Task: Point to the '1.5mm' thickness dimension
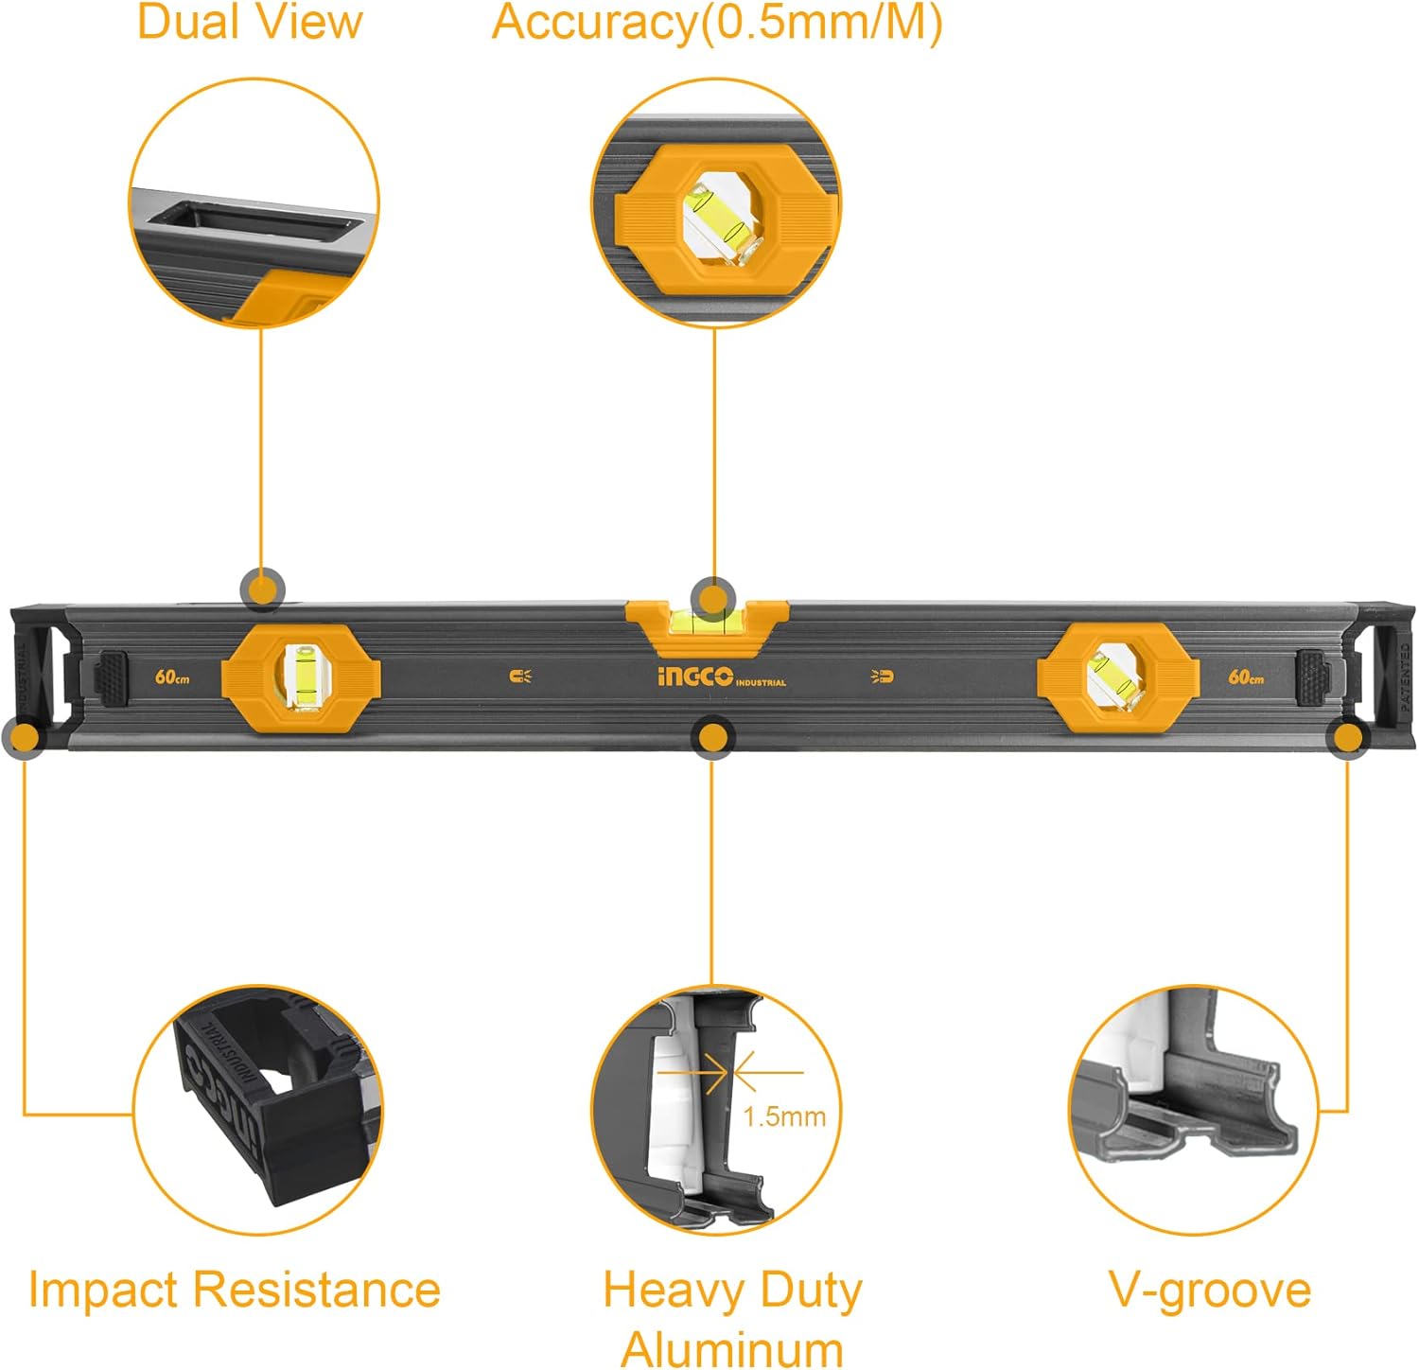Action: (x=784, y=1116)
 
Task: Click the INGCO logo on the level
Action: (x=695, y=676)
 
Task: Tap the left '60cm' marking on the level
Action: (x=172, y=677)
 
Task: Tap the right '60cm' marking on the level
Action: (x=1246, y=677)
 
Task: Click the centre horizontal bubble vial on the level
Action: (x=707, y=622)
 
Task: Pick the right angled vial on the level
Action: (x=1112, y=675)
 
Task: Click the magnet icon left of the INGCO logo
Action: (x=520, y=676)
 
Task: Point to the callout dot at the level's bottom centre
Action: (x=712, y=738)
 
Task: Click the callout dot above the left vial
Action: (x=262, y=590)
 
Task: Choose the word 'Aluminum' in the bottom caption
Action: (x=731, y=1349)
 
